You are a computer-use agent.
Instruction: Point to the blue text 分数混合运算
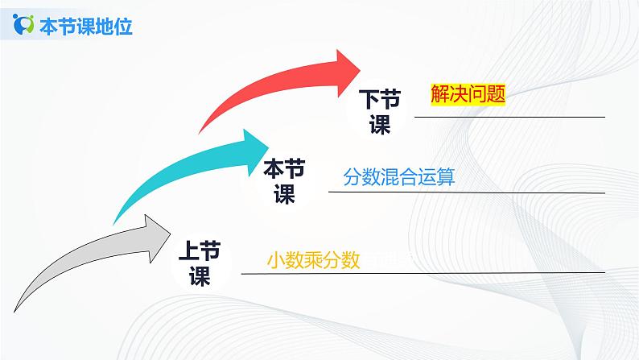(399, 176)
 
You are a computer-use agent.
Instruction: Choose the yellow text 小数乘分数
(313, 260)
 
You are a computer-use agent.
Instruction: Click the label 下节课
(378, 112)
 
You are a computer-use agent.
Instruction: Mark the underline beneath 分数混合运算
(467, 192)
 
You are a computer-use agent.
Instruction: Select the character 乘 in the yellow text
(313, 260)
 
